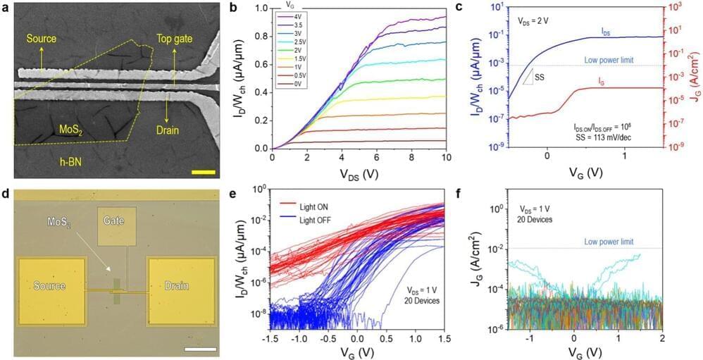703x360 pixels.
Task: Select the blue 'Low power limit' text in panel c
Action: click(610, 60)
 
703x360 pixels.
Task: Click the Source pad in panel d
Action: click(49, 286)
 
